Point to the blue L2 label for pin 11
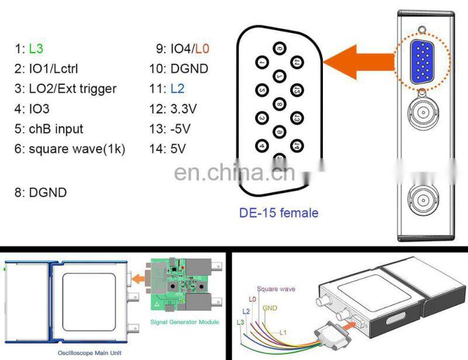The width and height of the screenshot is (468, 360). click(x=177, y=89)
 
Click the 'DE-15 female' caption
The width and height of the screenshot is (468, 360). click(x=278, y=212)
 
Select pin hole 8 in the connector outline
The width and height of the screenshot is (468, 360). click(x=280, y=105)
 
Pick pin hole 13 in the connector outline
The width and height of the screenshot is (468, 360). click(x=296, y=119)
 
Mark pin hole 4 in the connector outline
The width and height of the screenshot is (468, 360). click(x=262, y=144)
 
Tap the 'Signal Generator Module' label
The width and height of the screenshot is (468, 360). click(x=184, y=322)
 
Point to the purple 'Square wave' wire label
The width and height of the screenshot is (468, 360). click(x=276, y=289)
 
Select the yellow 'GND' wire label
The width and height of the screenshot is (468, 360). click(x=270, y=307)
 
